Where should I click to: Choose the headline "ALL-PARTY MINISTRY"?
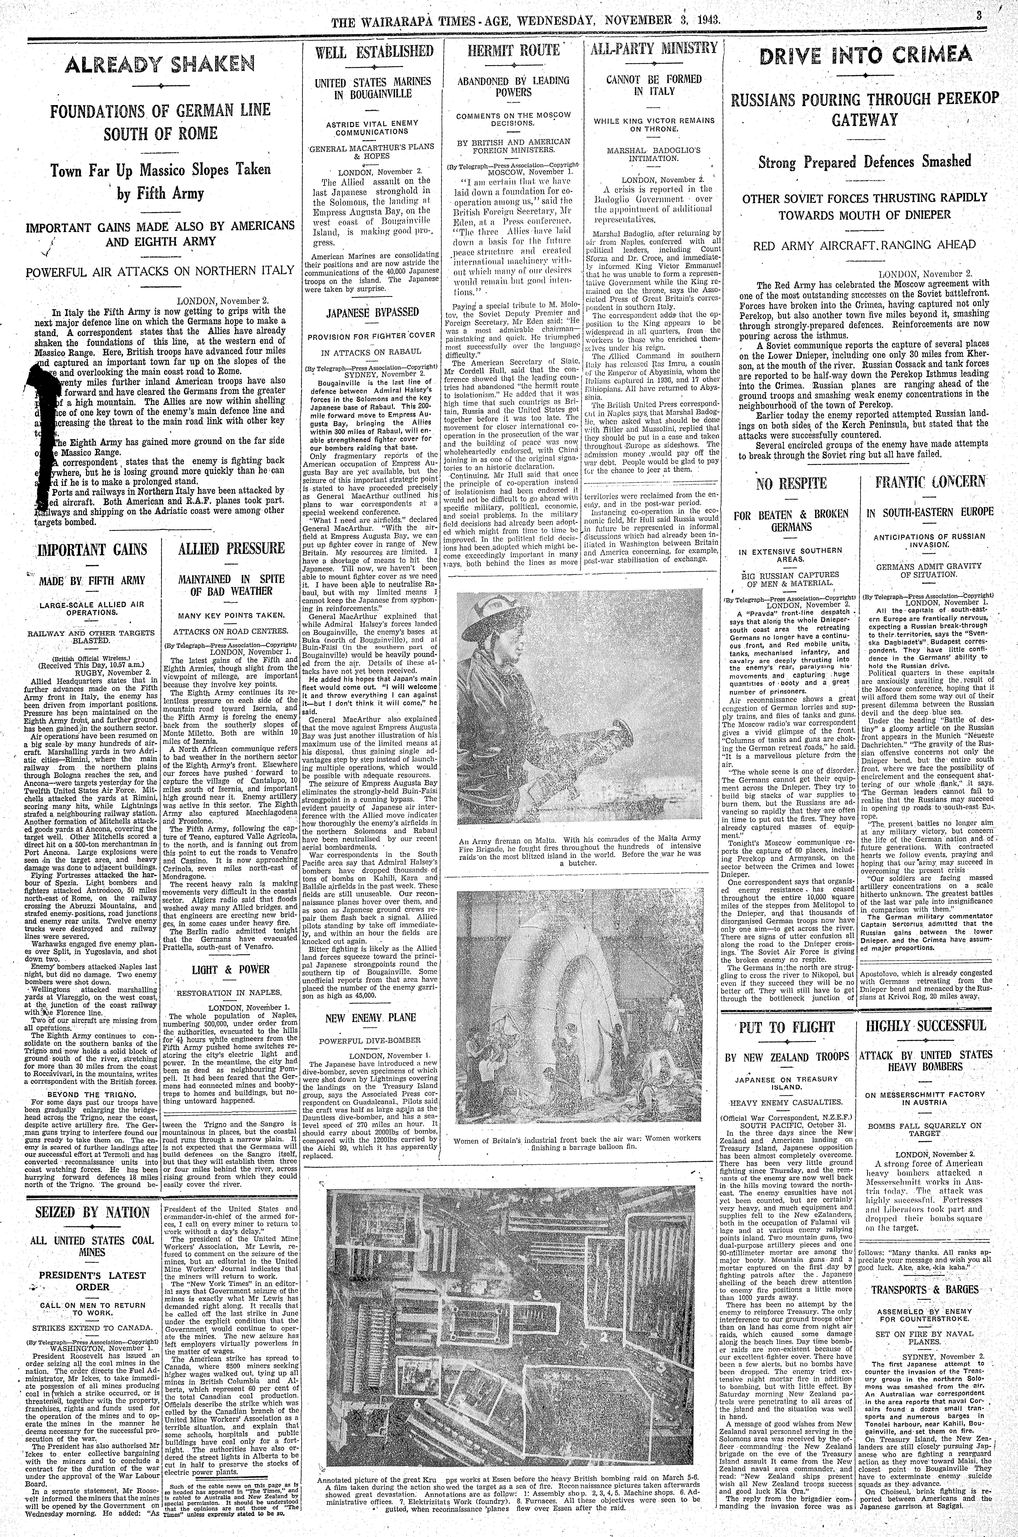(x=653, y=48)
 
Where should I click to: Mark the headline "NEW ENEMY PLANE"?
(x=371, y=1017)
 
